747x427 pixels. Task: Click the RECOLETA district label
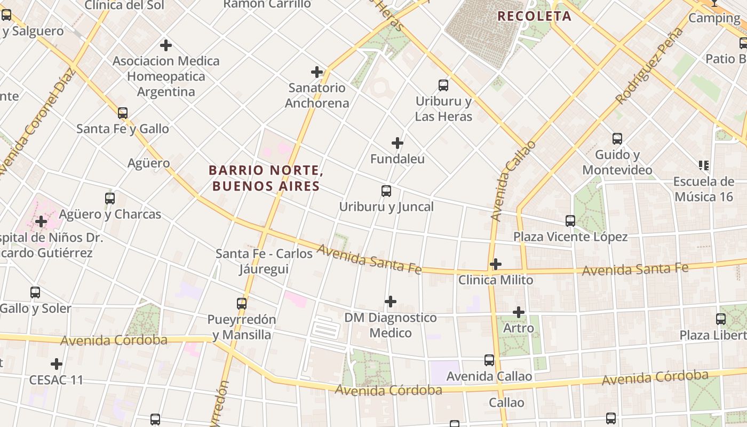pyautogui.click(x=534, y=16)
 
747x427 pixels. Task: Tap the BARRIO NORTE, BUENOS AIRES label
pyautogui.click(x=266, y=178)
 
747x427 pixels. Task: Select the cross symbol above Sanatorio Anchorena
pyautogui.click(x=317, y=72)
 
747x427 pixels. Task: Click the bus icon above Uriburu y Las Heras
pyautogui.click(x=443, y=85)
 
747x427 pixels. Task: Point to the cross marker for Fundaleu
pyautogui.click(x=398, y=143)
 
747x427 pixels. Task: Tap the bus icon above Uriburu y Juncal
pyautogui.click(x=386, y=191)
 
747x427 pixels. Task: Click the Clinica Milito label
pyautogui.click(x=495, y=280)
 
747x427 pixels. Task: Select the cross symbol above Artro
pyautogui.click(x=518, y=312)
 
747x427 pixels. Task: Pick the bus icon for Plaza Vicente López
pyautogui.click(x=570, y=221)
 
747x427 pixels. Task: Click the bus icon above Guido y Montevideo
pyautogui.click(x=617, y=139)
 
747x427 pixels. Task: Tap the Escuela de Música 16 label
pyautogui.click(x=703, y=189)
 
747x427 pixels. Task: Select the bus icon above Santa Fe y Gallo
pyautogui.click(x=123, y=113)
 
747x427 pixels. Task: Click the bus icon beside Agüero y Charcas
pyautogui.click(x=110, y=199)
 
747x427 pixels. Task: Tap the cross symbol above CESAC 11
pyautogui.click(x=57, y=365)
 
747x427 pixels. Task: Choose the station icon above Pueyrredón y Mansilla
pyautogui.click(x=242, y=304)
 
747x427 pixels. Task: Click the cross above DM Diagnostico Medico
pyautogui.click(x=391, y=302)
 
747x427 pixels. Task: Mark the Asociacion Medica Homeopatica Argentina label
pyautogui.click(x=166, y=76)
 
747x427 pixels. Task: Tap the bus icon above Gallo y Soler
pyautogui.click(x=35, y=292)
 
